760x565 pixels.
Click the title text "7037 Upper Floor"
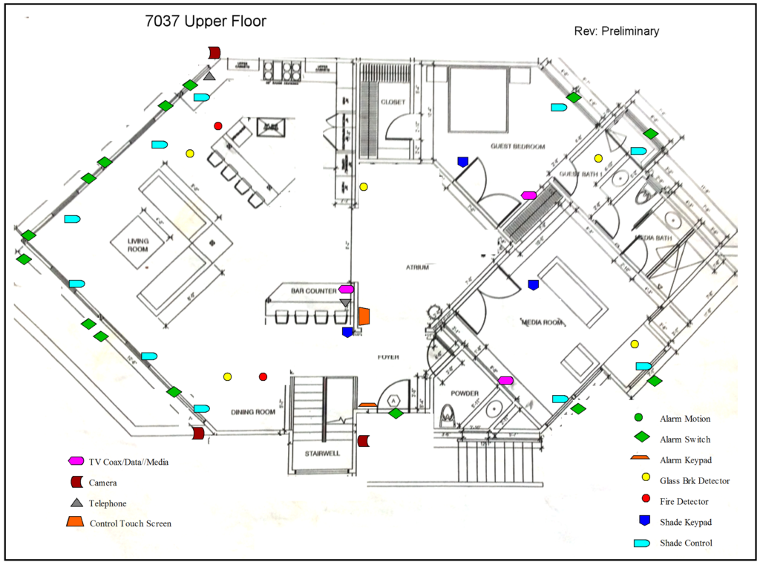(206, 22)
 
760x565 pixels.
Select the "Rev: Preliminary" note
(616, 31)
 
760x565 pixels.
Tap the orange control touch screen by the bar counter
(364, 316)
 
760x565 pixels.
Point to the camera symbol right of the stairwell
(363, 441)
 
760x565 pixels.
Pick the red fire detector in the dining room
(263, 377)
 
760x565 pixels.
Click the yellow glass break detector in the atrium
(364, 187)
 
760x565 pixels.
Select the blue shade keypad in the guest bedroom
(462, 161)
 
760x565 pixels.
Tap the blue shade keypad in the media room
(533, 284)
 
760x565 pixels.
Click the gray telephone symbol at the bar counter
(345, 303)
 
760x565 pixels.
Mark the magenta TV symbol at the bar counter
(346, 289)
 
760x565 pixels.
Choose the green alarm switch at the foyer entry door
(396, 414)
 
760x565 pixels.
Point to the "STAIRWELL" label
(321, 453)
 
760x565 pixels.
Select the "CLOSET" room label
(391, 102)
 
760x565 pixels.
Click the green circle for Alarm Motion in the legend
(638, 419)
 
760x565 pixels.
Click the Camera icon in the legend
(74, 483)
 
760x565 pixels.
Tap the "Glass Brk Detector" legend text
(695, 481)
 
